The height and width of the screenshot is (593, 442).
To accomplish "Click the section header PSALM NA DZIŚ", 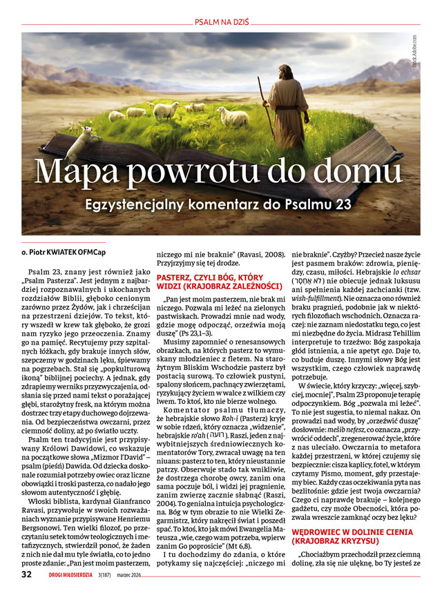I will point(220,21).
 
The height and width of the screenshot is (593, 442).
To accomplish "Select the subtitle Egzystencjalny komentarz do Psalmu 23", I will point(220,205).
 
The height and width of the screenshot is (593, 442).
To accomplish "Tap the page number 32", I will point(26,574).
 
